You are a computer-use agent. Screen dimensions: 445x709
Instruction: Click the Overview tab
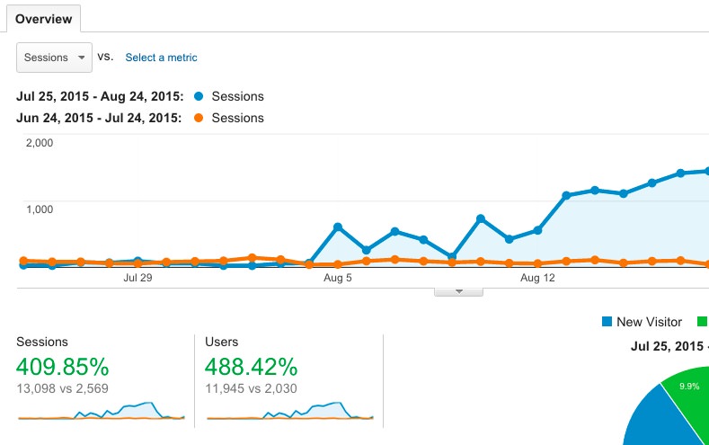tap(43, 18)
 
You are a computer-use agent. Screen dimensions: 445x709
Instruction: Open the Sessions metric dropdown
tap(54, 58)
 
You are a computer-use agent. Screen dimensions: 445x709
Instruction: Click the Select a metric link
tap(161, 58)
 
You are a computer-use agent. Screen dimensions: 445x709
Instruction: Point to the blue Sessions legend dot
tap(198, 96)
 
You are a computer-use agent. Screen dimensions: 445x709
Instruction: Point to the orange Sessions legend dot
tap(198, 118)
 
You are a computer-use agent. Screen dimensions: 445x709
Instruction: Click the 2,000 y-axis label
tap(40, 142)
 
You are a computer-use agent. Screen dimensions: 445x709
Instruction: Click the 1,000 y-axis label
tap(40, 209)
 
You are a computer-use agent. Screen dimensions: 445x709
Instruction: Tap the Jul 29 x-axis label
tap(137, 279)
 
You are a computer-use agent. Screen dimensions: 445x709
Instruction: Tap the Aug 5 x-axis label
tap(337, 279)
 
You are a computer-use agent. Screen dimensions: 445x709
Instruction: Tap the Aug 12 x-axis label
tap(537, 279)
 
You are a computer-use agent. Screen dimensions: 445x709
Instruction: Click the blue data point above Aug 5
tap(338, 227)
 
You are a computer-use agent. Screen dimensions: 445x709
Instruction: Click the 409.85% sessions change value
tap(63, 367)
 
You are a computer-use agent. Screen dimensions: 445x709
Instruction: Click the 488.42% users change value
tap(251, 367)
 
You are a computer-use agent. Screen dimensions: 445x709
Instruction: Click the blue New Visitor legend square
tap(607, 322)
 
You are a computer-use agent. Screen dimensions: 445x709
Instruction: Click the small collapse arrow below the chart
tap(458, 291)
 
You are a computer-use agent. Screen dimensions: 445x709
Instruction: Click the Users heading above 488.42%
tap(221, 343)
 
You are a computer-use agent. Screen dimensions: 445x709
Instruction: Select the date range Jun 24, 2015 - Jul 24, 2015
tap(100, 118)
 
